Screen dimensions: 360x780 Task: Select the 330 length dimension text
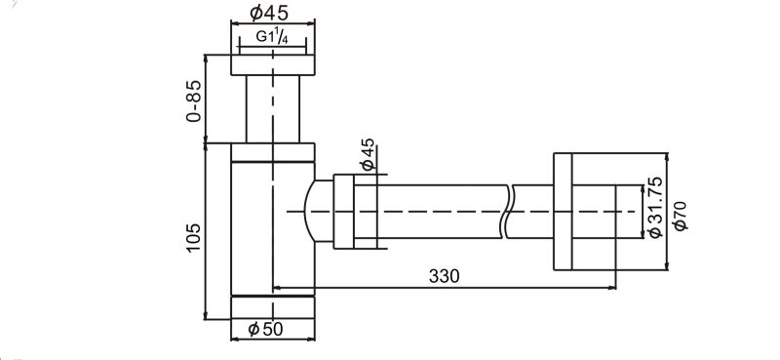(444, 276)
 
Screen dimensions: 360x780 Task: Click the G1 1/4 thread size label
(272, 37)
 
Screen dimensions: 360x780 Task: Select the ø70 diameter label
(680, 215)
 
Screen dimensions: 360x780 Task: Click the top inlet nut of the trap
(272, 65)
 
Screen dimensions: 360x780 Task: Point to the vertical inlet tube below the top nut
(272, 107)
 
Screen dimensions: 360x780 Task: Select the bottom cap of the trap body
(272, 307)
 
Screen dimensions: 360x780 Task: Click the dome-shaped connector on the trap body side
(317, 211)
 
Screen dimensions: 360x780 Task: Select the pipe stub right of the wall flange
(594, 210)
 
